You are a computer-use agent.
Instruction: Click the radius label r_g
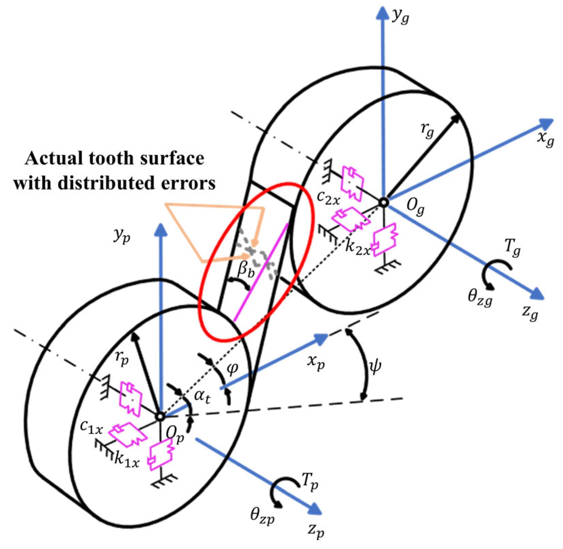tap(427, 130)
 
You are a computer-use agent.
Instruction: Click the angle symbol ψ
tap(375, 366)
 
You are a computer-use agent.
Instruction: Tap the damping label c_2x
tap(328, 198)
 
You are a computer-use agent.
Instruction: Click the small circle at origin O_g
tap(384, 202)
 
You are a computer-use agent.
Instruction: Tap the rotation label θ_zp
tap(262, 516)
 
